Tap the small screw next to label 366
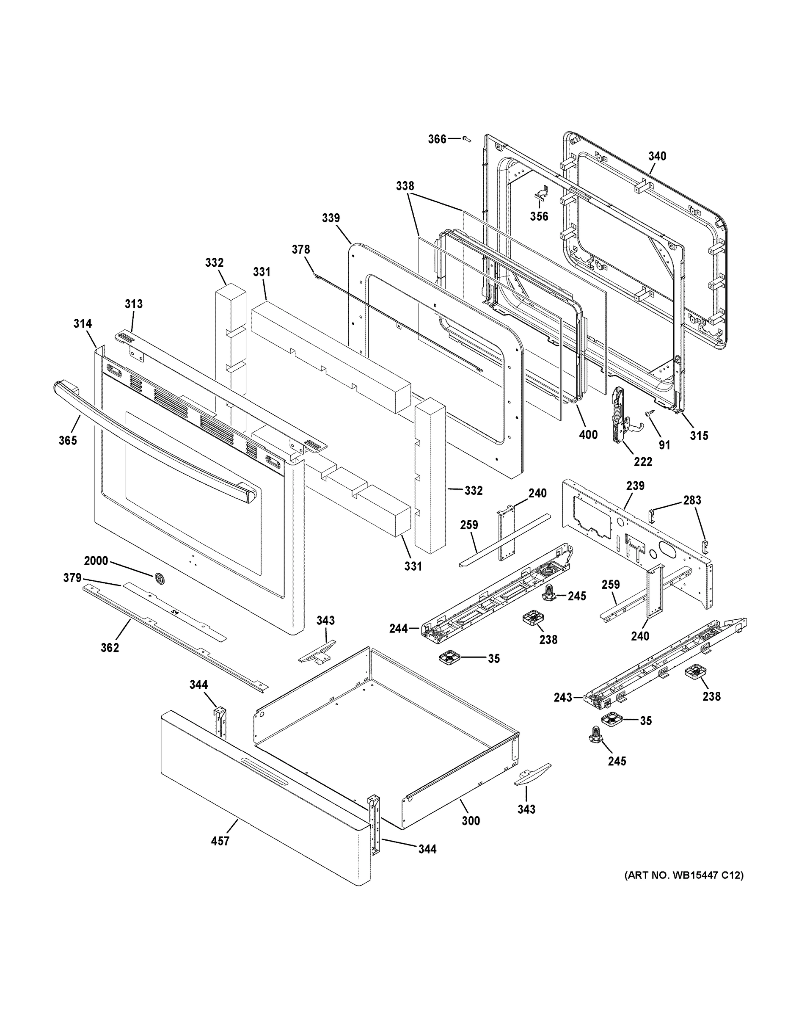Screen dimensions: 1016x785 coord(466,138)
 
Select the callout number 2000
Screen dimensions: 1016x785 coord(96,560)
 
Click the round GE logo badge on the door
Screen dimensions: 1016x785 coord(159,578)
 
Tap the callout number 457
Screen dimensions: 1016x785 coord(220,841)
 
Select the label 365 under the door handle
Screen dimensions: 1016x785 coord(67,440)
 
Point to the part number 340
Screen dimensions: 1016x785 coord(657,156)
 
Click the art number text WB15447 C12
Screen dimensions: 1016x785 coord(683,875)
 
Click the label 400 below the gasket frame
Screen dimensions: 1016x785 coord(588,435)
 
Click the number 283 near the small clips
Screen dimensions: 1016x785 coord(692,500)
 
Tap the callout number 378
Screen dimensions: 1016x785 coord(300,249)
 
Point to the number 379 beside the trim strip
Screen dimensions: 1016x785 coord(72,578)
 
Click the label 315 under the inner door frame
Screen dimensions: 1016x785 coord(699,436)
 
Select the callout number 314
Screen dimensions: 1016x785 coord(83,323)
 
